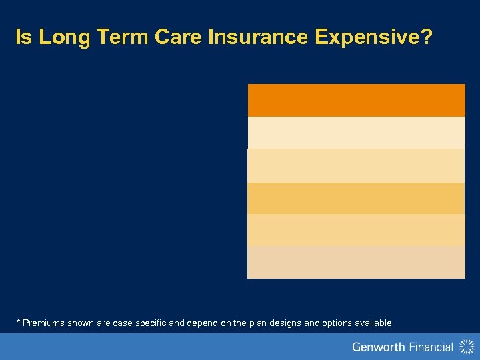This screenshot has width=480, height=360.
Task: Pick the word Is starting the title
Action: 24,38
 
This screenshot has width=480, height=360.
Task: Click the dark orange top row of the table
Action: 356,100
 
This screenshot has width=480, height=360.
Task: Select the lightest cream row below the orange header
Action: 356,133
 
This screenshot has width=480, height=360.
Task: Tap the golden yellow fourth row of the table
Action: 356,198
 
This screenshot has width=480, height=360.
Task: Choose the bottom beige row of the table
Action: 356,263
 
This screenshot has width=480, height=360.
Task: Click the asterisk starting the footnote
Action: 18,322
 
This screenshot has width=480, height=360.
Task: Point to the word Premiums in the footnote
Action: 41,323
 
